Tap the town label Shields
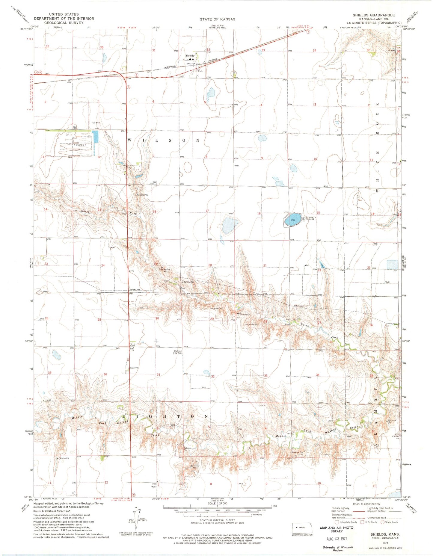coord(190,56)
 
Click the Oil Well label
coord(96,123)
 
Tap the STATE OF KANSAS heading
coord(218,19)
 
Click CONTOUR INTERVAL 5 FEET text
coord(218,520)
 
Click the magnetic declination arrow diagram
coord(137,517)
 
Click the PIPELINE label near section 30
coord(135,290)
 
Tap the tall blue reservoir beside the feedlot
coord(96,136)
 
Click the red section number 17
coord(207,211)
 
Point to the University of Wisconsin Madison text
coord(337,549)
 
